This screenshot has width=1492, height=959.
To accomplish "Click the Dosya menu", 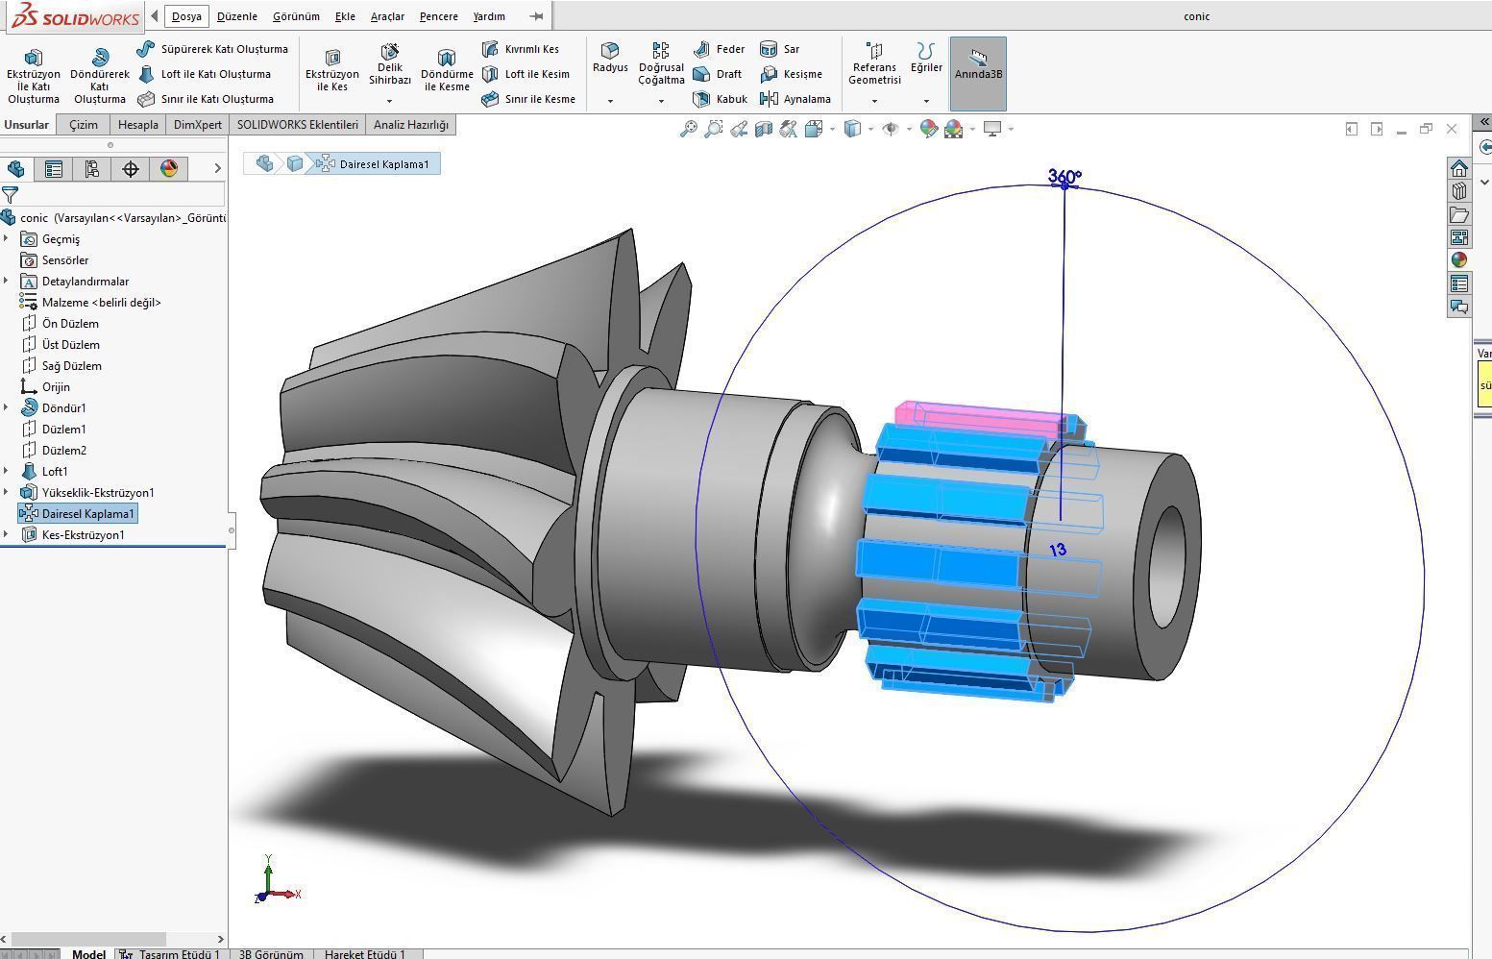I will click(x=186, y=16).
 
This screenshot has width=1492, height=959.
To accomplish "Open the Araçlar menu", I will click(x=387, y=16).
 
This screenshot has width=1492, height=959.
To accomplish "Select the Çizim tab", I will click(x=84, y=125).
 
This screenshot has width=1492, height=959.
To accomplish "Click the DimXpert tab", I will click(x=198, y=125).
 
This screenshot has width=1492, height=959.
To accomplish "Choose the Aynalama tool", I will click(x=795, y=99).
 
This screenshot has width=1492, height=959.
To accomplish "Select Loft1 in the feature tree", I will click(x=55, y=472).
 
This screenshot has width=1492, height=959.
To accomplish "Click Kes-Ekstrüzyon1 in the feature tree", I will click(x=83, y=535).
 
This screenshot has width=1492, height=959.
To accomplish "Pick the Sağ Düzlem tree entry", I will click(x=71, y=366).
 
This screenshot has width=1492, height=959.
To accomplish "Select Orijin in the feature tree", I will click(x=56, y=387).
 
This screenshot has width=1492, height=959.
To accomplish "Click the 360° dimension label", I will click(x=1064, y=177).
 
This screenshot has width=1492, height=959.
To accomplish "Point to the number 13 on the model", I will click(x=1058, y=551).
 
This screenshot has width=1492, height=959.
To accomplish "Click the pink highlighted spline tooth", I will click(x=980, y=417).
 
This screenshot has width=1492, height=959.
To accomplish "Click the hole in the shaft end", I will click(x=1167, y=566).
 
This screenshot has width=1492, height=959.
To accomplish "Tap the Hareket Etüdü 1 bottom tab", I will click(x=364, y=953).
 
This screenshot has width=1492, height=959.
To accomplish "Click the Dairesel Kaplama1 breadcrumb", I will click(x=383, y=164).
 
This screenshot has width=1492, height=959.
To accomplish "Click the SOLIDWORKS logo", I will click(x=75, y=16).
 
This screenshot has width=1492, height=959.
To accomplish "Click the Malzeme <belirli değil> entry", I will click(x=101, y=303).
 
